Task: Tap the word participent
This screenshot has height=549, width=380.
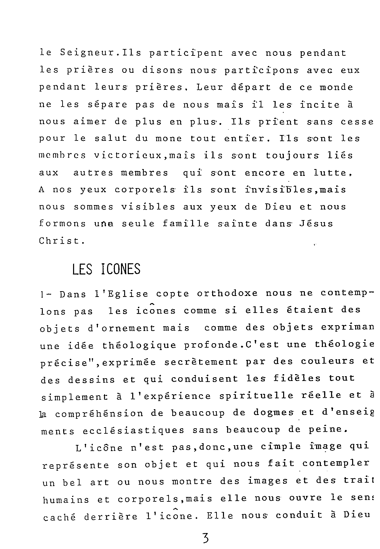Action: (186, 53)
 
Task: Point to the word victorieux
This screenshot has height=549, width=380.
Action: (127, 155)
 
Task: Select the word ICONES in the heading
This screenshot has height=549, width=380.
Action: (121, 269)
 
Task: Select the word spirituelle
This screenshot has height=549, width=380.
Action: (256, 396)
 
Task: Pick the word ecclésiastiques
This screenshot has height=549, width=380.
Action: (134, 431)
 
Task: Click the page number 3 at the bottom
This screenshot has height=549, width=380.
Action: (205, 538)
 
